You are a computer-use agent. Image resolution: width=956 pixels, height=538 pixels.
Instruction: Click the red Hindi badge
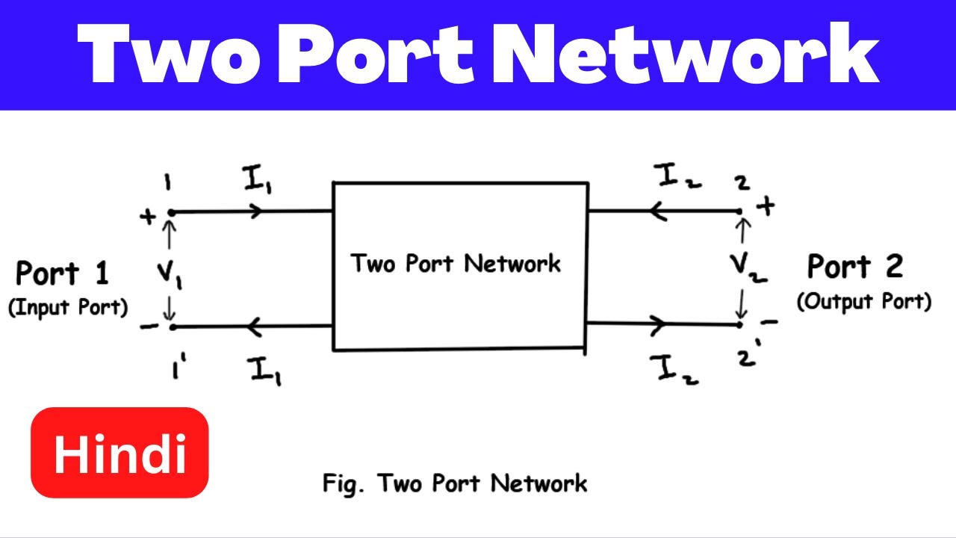119,453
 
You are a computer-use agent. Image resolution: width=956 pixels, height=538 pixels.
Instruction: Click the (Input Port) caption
68,308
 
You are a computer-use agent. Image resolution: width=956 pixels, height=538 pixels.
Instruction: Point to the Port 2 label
855,266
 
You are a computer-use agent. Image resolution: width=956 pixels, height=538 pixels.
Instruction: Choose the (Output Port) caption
864,302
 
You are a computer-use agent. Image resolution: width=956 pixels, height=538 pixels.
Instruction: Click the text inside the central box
456,264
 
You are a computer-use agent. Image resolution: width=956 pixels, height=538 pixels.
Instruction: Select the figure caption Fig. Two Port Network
455,483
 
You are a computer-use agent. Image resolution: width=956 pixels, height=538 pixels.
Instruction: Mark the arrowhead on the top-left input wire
255,211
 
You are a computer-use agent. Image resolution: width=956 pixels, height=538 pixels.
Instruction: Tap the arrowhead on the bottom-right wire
658,324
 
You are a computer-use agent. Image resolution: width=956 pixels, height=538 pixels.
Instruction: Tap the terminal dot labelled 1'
172,327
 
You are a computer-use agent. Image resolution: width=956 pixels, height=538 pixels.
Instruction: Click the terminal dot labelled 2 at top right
740,211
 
